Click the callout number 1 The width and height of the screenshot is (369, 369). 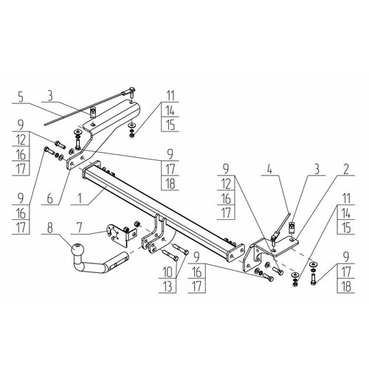[x=79, y=199]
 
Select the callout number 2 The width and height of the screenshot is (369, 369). [x=346, y=169]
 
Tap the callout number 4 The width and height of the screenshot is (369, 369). [x=269, y=169]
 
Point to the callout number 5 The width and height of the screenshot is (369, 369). [x=21, y=97]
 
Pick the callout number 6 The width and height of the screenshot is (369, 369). [x=50, y=199]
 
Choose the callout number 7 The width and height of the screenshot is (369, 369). [x=79, y=228]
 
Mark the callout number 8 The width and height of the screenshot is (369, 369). [x=50, y=228]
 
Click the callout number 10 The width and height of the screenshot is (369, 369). [x=168, y=272]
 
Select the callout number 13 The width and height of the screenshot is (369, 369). [x=168, y=286]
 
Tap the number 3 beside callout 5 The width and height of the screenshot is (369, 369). [x=50, y=96]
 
